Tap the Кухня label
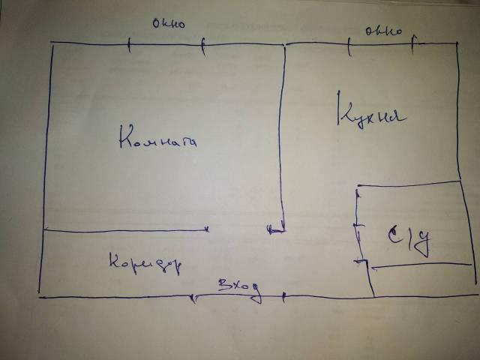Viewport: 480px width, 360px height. [x=370, y=115]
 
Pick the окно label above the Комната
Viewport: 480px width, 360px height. [x=168, y=24]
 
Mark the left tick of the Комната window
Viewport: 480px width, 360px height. [x=129, y=46]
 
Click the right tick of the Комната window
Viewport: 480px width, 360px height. [x=202, y=46]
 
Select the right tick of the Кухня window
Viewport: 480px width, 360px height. [x=415, y=46]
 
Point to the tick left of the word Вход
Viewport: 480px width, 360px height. [x=194, y=298]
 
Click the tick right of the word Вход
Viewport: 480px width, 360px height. [x=283, y=297]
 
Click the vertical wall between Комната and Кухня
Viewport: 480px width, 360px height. [x=284, y=135]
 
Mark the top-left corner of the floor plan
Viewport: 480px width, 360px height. [x=52, y=45]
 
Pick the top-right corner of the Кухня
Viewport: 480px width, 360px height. [x=457, y=43]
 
